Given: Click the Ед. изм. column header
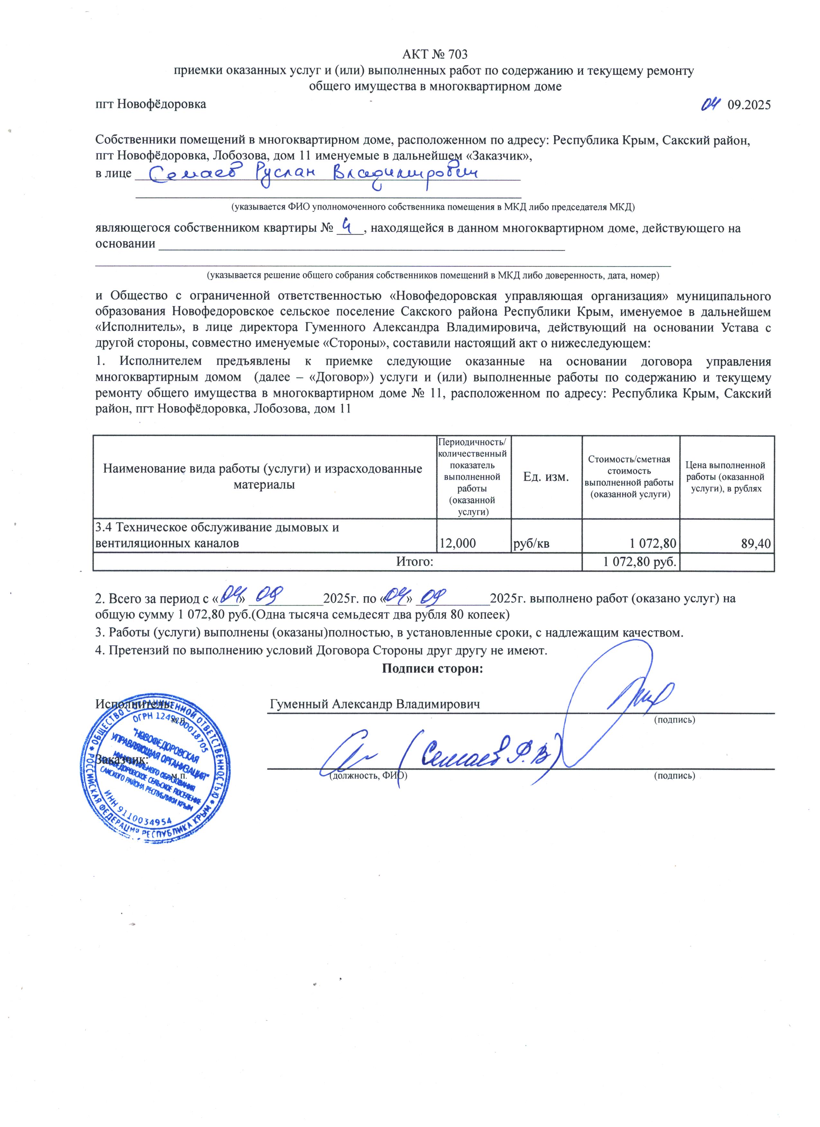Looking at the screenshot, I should (546, 477).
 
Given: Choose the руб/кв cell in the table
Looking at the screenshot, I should (532, 543).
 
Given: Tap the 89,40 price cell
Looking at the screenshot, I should (756, 543).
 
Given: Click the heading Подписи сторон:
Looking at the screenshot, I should (433, 668).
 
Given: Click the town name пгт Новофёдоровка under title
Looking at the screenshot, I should (151, 104).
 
